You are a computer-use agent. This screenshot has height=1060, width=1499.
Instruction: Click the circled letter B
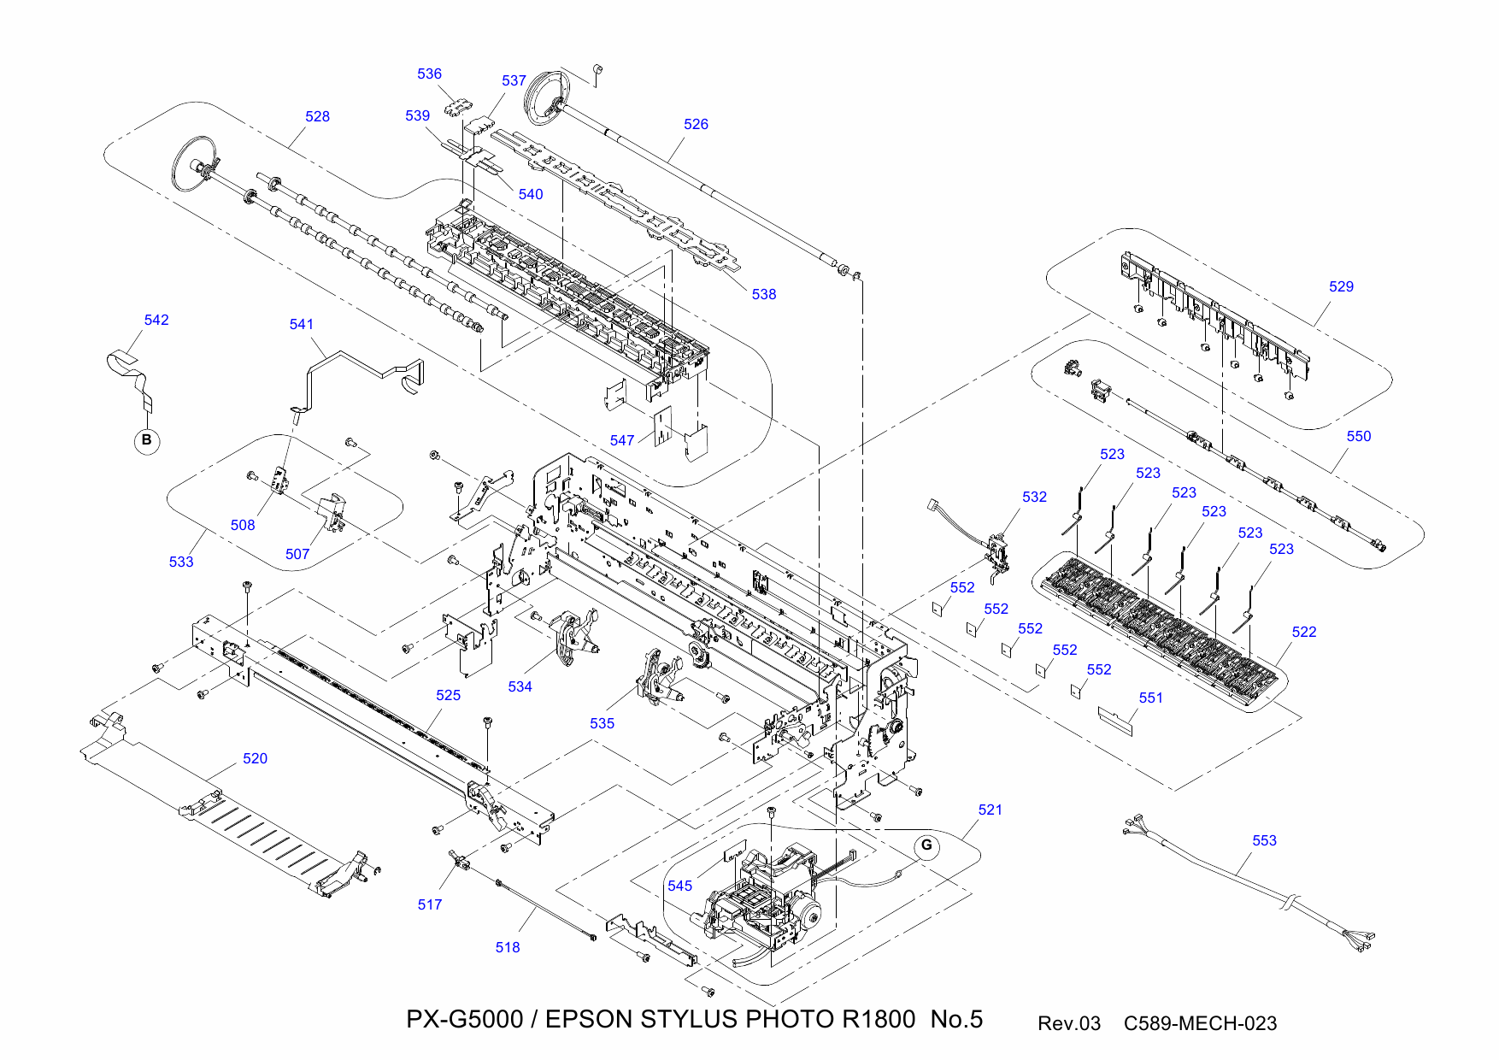coord(147,440)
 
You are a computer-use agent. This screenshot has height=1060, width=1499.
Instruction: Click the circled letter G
coord(926,846)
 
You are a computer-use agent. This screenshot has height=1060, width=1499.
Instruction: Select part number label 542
coord(156,320)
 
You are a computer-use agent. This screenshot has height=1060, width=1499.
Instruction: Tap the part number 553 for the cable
coord(1264,840)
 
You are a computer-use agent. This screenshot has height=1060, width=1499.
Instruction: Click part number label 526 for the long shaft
coord(696,124)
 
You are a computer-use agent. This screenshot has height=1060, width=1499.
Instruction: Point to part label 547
coord(622,440)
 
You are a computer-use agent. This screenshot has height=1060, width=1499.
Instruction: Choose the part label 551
coord(1150,698)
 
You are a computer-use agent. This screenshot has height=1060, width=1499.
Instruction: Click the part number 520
coord(255,758)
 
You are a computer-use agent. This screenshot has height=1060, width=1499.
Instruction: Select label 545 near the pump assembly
coord(679,886)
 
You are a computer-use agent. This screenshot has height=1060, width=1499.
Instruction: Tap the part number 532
coord(1034,497)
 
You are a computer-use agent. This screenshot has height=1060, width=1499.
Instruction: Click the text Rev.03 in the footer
coord(1068,1023)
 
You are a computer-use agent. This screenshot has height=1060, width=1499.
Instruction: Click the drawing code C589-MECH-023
coord(1200,1023)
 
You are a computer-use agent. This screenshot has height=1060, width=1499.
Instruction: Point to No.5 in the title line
coord(956,1019)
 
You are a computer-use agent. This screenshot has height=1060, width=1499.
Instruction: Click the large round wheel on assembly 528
coord(194,163)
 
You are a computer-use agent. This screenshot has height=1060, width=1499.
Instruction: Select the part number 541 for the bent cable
coord(302,324)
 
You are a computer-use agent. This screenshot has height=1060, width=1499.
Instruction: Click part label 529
coord(1341,286)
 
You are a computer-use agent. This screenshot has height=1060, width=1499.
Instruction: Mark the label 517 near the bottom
coord(430,904)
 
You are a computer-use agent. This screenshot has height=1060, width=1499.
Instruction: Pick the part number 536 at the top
coord(429,74)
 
